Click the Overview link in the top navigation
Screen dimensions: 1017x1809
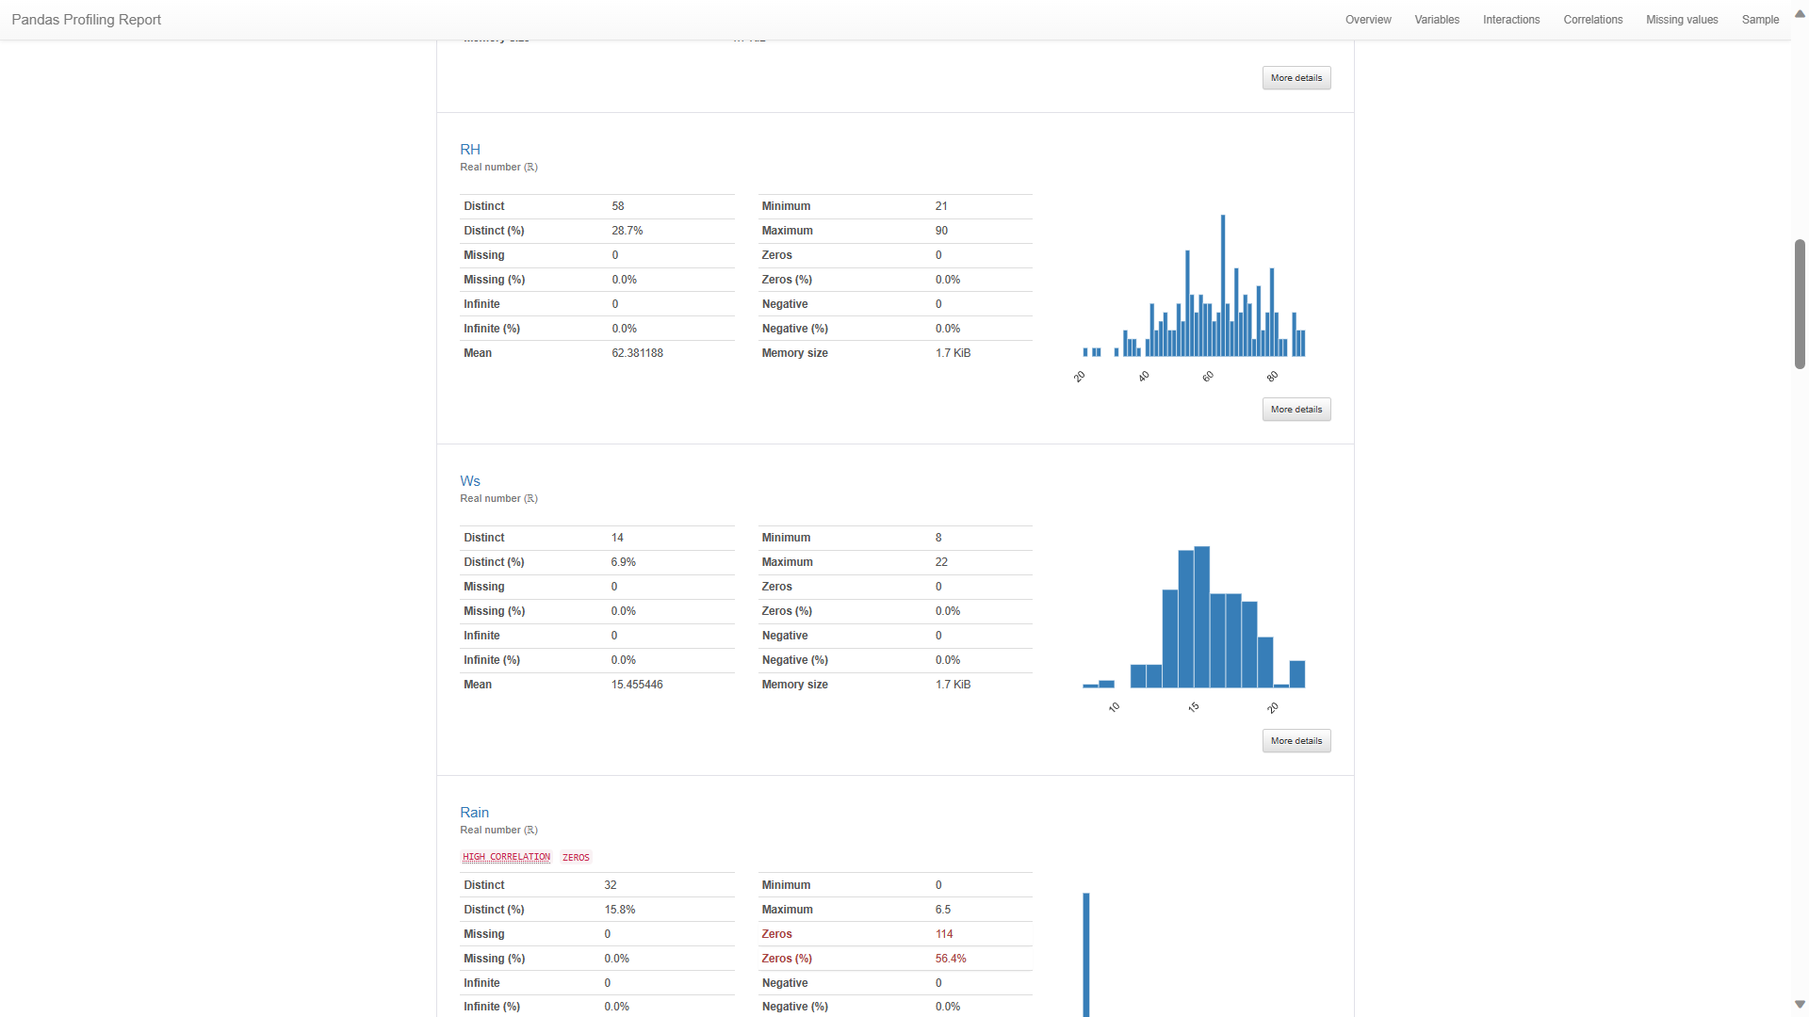(x=1368, y=20)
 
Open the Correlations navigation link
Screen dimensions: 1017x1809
(x=1592, y=20)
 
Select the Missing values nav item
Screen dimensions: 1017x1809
(x=1682, y=20)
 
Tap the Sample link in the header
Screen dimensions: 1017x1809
(x=1760, y=20)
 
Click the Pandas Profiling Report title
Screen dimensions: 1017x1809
(x=87, y=20)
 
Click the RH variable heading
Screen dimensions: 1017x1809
(x=470, y=150)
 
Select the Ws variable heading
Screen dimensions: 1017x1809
(x=470, y=481)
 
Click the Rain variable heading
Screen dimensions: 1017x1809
(x=474, y=813)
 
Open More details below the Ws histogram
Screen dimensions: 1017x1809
(x=1296, y=741)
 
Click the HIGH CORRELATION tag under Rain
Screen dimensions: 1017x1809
(x=506, y=858)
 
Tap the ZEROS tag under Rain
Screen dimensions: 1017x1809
(x=576, y=858)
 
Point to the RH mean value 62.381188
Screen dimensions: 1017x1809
(x=637, y=353)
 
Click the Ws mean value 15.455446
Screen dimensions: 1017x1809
(x=637, y=685)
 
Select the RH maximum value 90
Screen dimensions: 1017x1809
(x=941, y=231)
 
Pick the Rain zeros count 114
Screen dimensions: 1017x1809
(x=944, y=934)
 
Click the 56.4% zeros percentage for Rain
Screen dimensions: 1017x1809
(x=951, y=959)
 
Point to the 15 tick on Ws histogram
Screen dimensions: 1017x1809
(x=1194, y=707)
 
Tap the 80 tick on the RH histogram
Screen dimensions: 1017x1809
(x=1272, y=377)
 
